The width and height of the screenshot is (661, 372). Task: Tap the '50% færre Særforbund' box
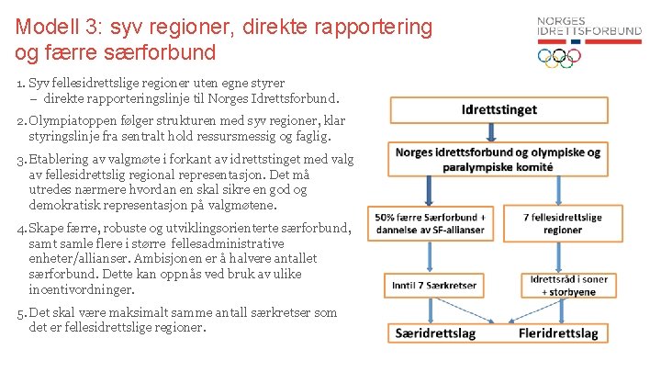432,223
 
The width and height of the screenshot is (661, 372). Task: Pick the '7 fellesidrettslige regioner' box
563,223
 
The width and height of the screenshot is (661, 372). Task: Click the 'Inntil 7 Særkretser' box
433,285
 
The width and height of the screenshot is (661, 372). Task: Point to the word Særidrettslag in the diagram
436,333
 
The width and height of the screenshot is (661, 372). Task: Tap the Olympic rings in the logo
559,57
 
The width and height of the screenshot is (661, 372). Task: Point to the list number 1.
19,84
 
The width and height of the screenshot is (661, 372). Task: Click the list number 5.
19,312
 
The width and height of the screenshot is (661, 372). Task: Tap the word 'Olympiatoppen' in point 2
73,121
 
